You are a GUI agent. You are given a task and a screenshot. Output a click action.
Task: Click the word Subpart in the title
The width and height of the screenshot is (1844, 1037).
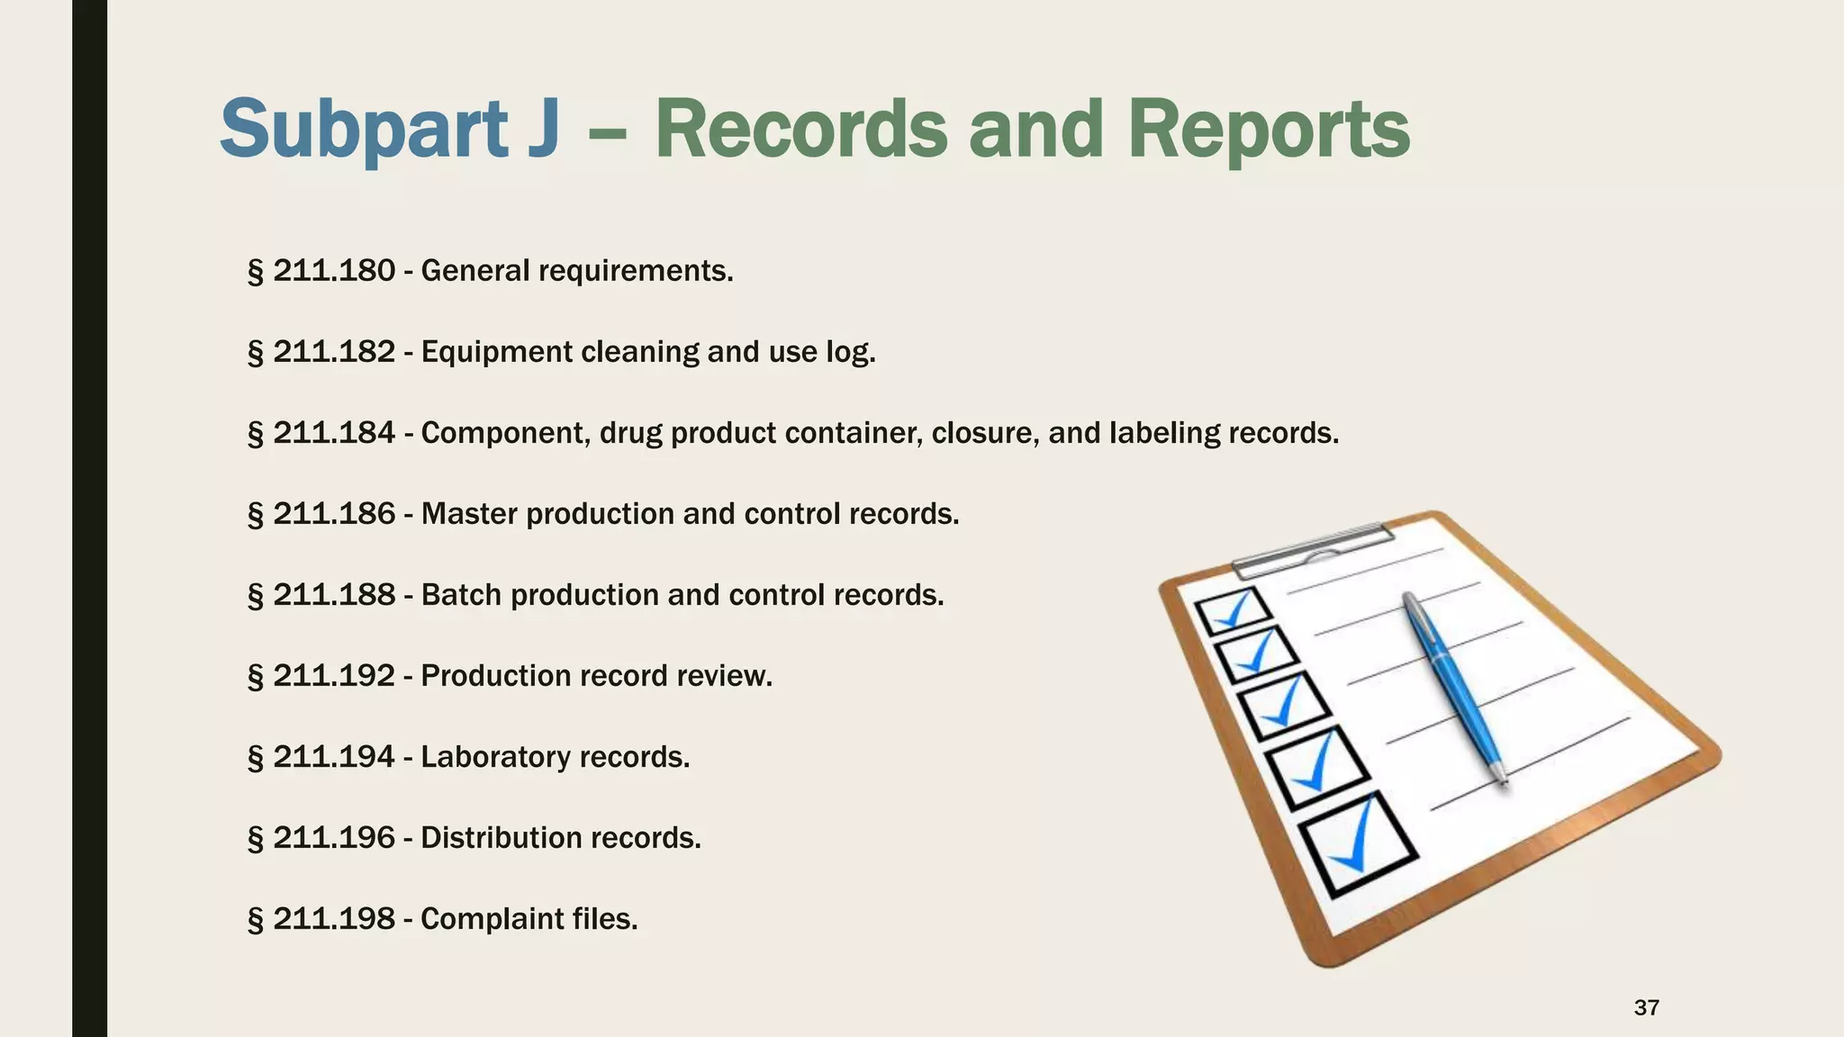coord(364,131)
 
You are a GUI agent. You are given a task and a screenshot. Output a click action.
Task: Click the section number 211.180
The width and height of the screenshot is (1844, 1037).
coord(334,271)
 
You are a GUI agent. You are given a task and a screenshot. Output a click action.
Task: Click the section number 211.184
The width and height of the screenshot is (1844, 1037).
coord(334,433)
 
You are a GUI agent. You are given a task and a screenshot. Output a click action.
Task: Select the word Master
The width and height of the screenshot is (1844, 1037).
coord(469,514)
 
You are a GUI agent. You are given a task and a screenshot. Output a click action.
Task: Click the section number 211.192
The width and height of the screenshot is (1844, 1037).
coord(334,676)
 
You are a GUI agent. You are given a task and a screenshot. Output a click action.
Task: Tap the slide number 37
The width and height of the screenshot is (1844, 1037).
coord(1646,1007)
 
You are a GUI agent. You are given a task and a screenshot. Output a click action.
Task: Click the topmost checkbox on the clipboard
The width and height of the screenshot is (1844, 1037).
coord(1234,612)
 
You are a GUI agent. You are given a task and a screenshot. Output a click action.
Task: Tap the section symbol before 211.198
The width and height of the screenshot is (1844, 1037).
coord(255,920)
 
